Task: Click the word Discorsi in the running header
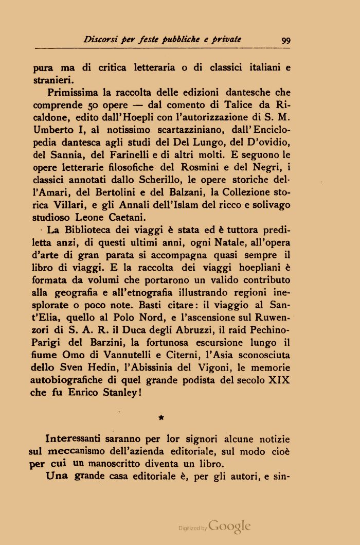pos(101,40)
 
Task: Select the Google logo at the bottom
pos(229,526)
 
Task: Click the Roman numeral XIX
pos(279,380)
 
